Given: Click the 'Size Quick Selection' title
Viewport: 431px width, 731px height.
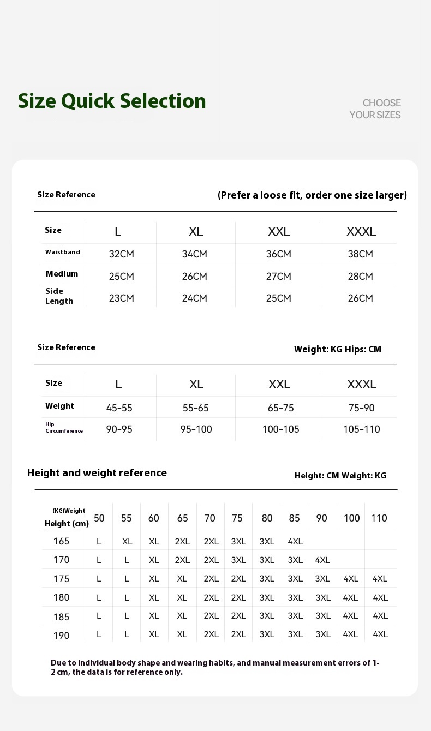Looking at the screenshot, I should tap(112, 101).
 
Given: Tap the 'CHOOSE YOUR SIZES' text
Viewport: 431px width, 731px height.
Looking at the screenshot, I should tap(375, 109).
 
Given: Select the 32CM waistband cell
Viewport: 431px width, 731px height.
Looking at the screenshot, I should tap(121, 254).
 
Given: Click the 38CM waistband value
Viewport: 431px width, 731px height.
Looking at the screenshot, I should tap(360, 254).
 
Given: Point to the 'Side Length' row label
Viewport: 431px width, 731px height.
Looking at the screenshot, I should tap(59, 296).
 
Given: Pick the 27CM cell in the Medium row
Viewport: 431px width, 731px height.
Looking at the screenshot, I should tap(278, 277).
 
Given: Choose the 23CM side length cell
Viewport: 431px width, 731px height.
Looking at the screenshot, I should tap(121, 298).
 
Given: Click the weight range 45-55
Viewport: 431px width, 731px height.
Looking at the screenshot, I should tap(119, 408).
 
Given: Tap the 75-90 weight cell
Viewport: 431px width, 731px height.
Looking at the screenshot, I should tap(361, 408).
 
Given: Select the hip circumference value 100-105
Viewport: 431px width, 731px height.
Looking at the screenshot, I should tap(280, 429).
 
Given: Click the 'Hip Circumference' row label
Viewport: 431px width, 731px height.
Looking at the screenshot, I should tap(64, 428).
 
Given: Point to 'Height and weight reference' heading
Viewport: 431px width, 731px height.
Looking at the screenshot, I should tap(97, 473).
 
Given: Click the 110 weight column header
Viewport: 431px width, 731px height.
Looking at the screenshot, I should tap(379, 518).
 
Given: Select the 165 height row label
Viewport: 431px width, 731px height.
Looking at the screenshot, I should tap(61, 541).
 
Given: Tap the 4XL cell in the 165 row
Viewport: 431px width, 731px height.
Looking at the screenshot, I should tap(295, 542).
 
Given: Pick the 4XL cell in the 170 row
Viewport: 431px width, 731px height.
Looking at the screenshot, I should tap(322, 560).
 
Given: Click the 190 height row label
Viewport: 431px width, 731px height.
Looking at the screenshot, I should tap(61, 636).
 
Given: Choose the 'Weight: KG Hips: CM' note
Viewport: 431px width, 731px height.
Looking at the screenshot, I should tap(338, 349).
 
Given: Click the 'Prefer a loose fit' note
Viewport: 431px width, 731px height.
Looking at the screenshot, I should tap(312, 195).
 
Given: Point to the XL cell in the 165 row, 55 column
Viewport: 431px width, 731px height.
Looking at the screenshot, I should tap(127, 542).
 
